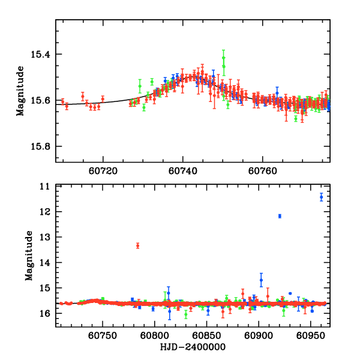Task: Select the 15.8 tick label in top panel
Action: (42, 148)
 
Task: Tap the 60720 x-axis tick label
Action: (103, 170)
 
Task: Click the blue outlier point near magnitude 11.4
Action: (322, 197)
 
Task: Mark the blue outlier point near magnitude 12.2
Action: (280, 216)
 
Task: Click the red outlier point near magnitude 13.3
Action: (138, 245)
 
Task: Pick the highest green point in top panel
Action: (223, 58)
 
